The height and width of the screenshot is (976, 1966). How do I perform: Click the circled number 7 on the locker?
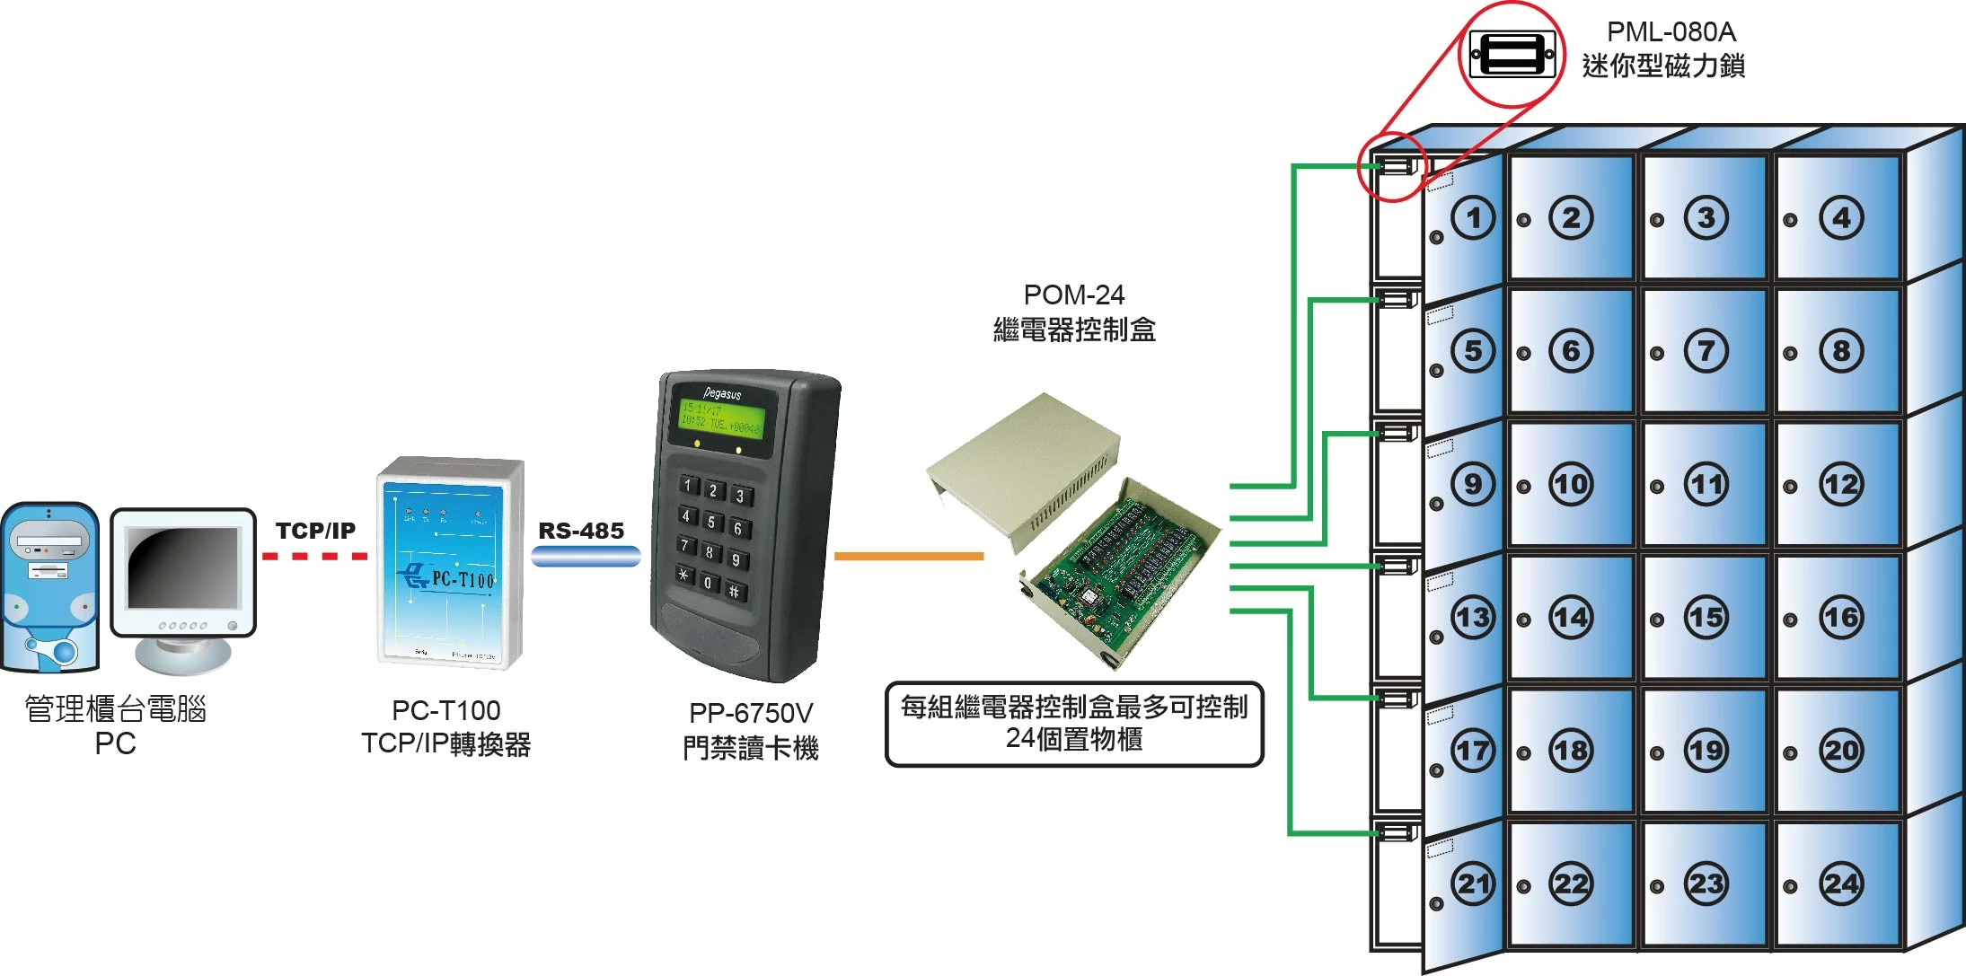1706,351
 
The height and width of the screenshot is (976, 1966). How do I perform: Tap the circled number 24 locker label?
1841,884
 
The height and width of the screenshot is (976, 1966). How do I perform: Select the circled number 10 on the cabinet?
1571,485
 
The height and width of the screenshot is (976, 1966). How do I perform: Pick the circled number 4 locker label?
1841,217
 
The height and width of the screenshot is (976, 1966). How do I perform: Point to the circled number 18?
1571,751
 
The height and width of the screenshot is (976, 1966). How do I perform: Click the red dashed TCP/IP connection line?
314,557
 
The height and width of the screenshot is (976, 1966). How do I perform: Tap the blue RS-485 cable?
586,557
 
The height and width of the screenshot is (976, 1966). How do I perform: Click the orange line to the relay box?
908,556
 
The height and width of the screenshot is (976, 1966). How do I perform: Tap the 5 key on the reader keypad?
710,522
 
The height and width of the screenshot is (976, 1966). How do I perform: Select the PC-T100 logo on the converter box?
449,577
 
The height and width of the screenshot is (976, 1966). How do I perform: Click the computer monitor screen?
183,567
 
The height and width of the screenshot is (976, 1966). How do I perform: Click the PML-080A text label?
1671,32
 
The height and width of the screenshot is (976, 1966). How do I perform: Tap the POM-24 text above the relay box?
1073,295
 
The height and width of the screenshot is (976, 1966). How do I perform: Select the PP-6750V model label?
751,713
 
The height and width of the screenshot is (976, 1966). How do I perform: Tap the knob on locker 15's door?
1657,620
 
